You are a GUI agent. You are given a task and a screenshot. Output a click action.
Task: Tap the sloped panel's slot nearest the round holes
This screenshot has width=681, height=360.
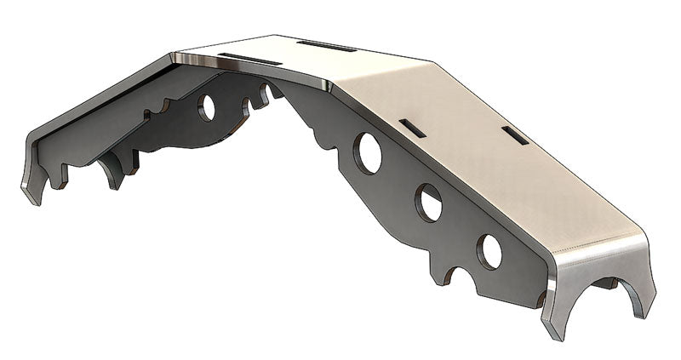click(x=410, y=128)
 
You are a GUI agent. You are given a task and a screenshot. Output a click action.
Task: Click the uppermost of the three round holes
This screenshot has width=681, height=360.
click(x=369, y=153)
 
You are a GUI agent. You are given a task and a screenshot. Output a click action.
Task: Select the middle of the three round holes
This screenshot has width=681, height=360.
click(x=429, y=203)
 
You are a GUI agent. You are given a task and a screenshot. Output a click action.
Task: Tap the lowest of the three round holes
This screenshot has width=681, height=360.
click(x=489, y=250)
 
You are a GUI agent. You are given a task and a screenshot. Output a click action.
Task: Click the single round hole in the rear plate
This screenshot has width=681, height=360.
click(x=208, y=106)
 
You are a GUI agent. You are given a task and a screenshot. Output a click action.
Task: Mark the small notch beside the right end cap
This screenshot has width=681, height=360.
click(x=540, y=299)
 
